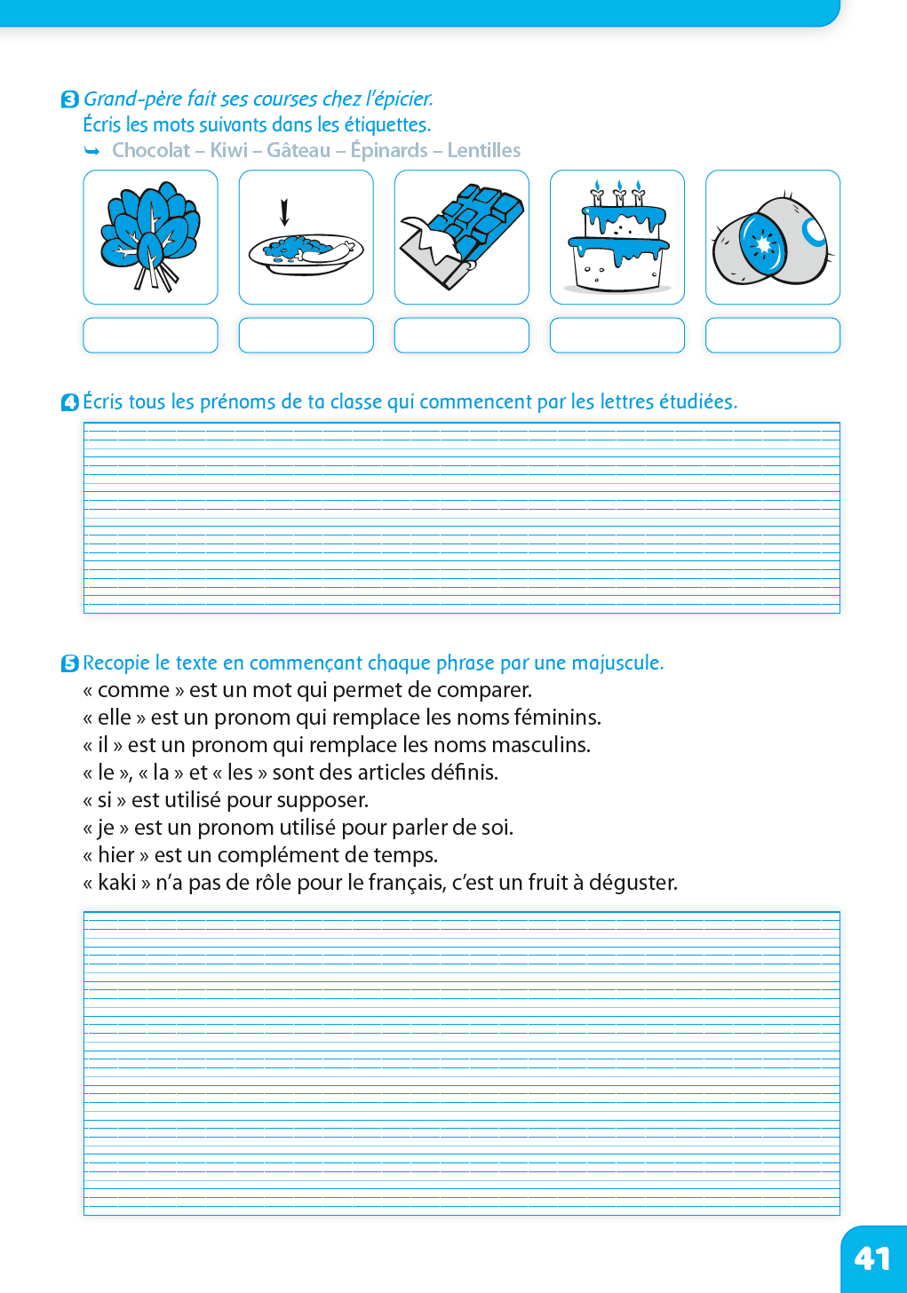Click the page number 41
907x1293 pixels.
pos(871,1258)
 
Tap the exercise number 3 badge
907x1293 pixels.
pos(70,99)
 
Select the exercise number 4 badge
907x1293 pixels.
pos(70,402)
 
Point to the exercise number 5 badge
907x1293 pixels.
pos(70,663)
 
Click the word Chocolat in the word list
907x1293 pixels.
pos(151,150)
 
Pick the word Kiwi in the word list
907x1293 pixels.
pos(229,150)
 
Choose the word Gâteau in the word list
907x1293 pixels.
pos(298,150)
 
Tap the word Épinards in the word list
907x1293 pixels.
pos(389,150)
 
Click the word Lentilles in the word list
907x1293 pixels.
pos(484,150)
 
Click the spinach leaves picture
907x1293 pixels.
pos(149,234)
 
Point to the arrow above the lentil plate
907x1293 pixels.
pos(284,212)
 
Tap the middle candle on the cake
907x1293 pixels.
pos(619,193)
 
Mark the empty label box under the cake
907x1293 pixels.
pos(617,335)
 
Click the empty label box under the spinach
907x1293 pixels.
pos(150,335)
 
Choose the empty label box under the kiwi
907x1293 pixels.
pos(773,335)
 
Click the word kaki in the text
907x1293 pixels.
pos(117,882)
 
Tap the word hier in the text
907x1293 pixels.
pos(116,854)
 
